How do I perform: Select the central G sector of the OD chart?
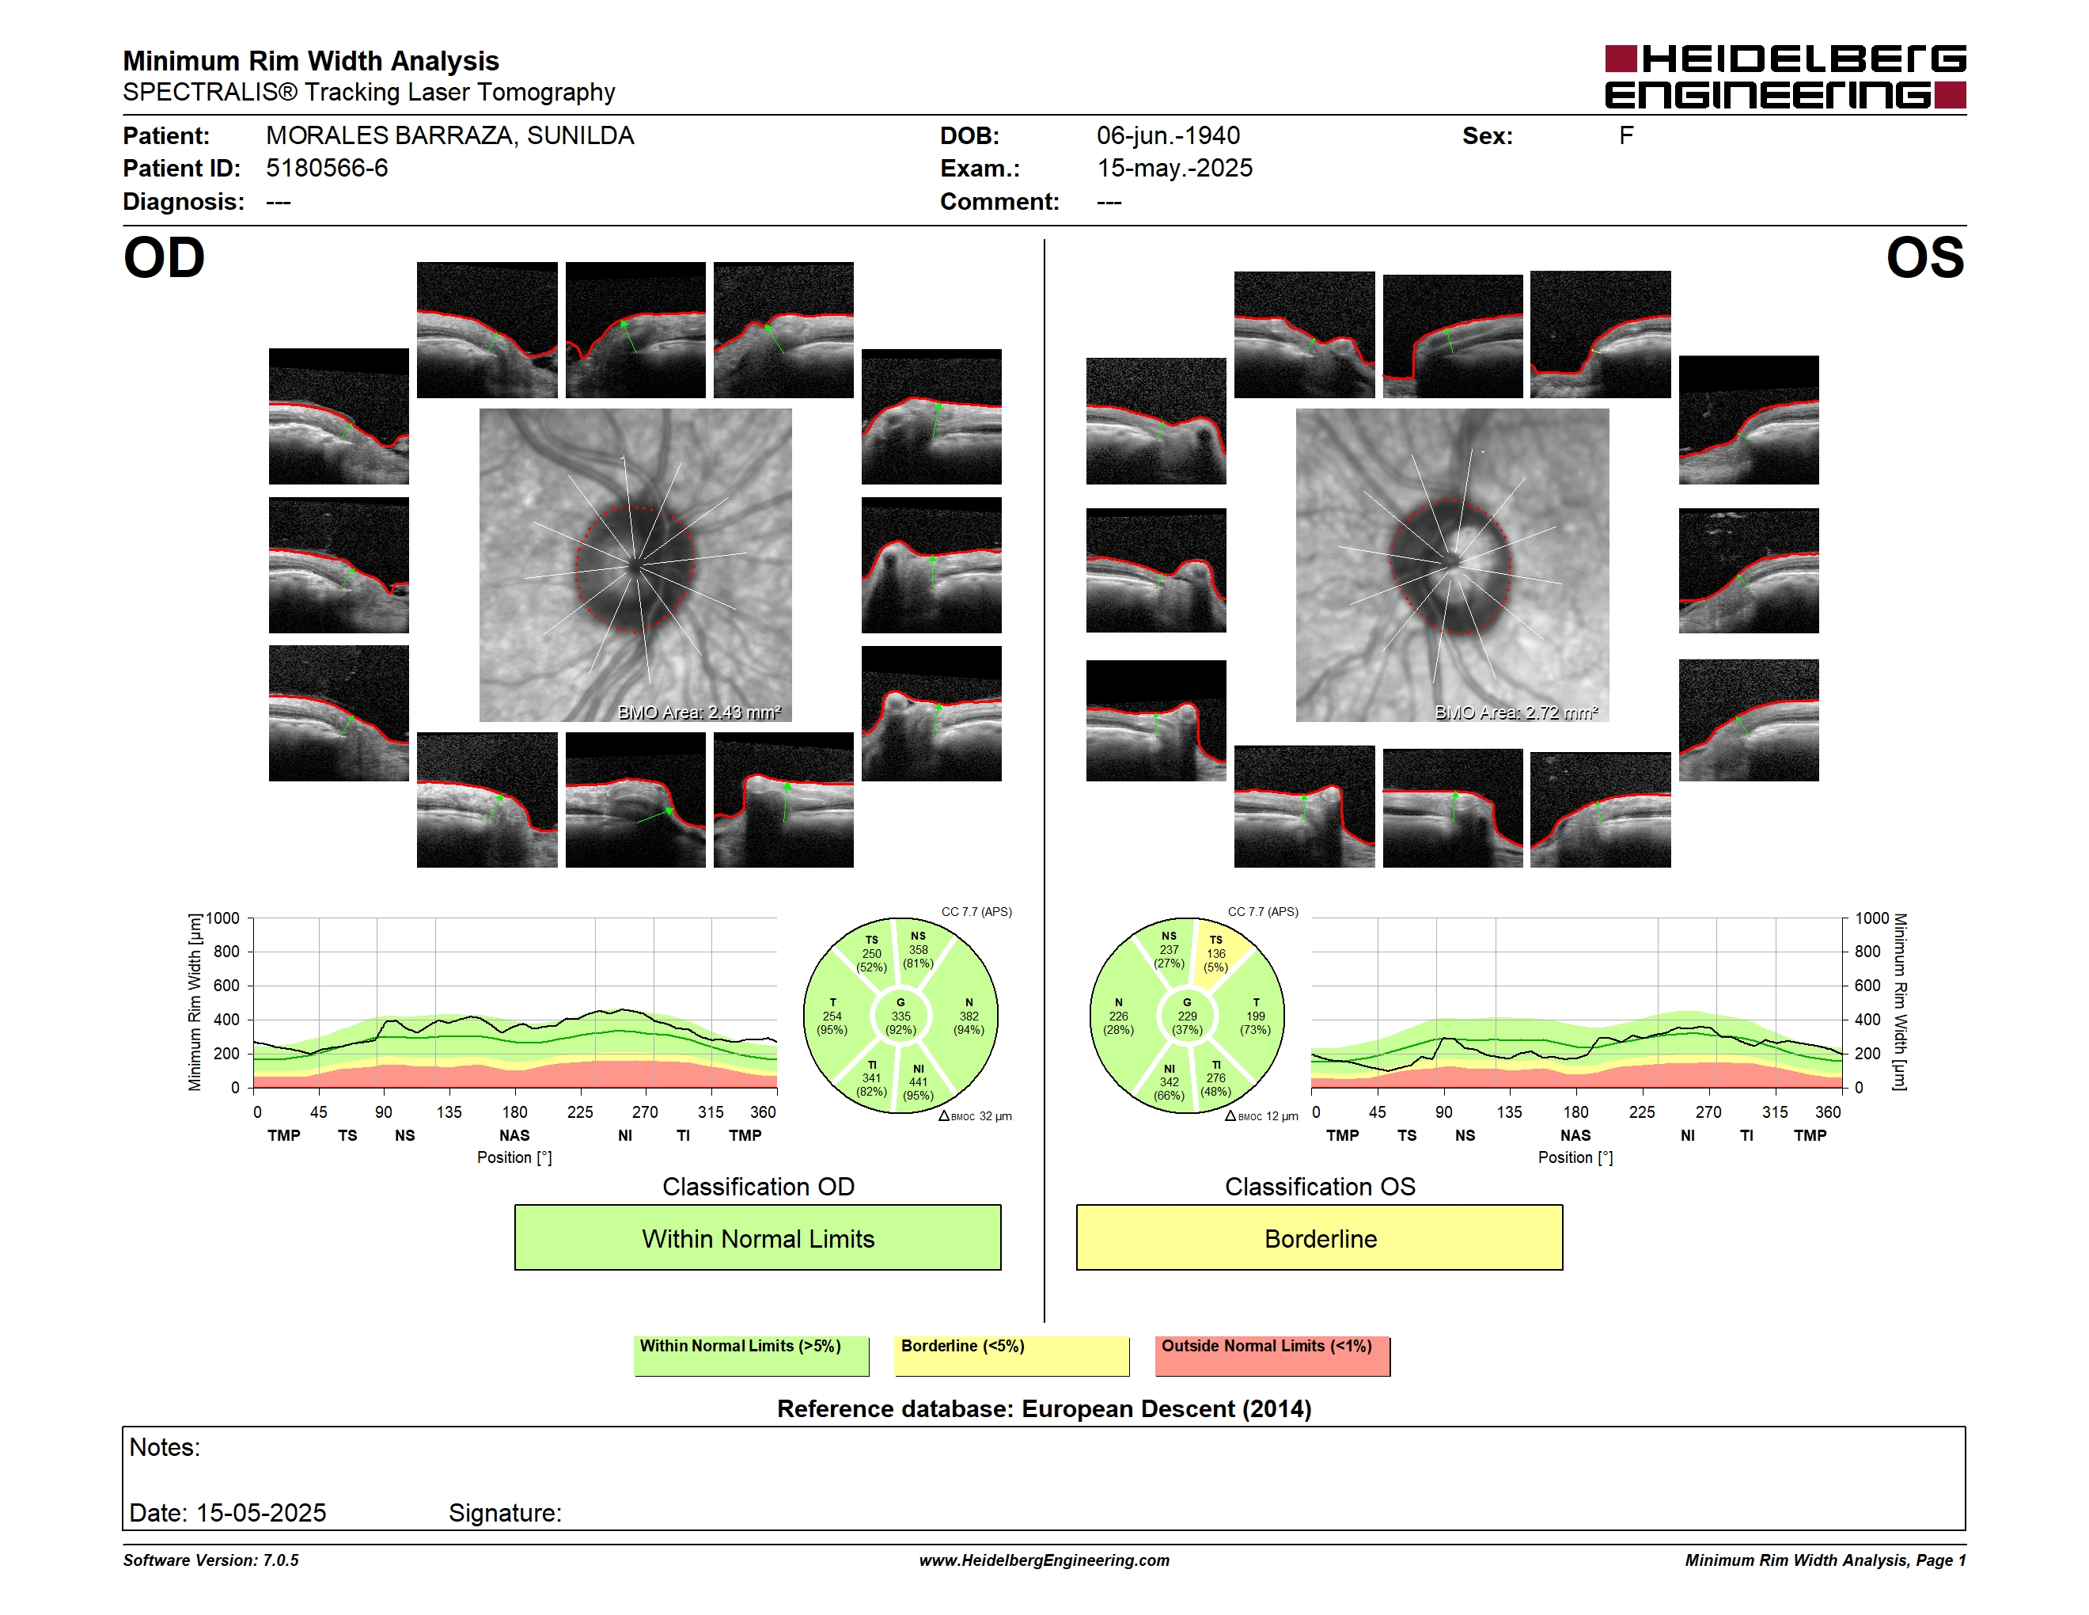(x=900, y=1016)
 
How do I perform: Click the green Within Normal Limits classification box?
(x=757, y=1238)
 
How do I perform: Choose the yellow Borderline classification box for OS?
(x=1319, y=1238)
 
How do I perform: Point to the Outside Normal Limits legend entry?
(x=1272, y=1355)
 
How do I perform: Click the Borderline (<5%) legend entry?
(x=1011, y=1355)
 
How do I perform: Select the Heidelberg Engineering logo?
(x=1785, y=77)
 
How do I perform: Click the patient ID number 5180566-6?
(x=327, y=169)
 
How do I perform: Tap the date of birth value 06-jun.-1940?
(x=1168, y=136)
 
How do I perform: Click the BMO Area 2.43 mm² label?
(x=699, y=712)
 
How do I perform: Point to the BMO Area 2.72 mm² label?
(x=1516, y=712)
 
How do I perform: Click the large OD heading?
(x=164, y=258)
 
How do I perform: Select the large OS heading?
(x=1925, y=258)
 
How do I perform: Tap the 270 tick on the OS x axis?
(x=1708, y=1111)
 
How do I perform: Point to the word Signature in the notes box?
(x=505, y=1513)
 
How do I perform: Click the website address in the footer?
(x=1044, y=1560)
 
